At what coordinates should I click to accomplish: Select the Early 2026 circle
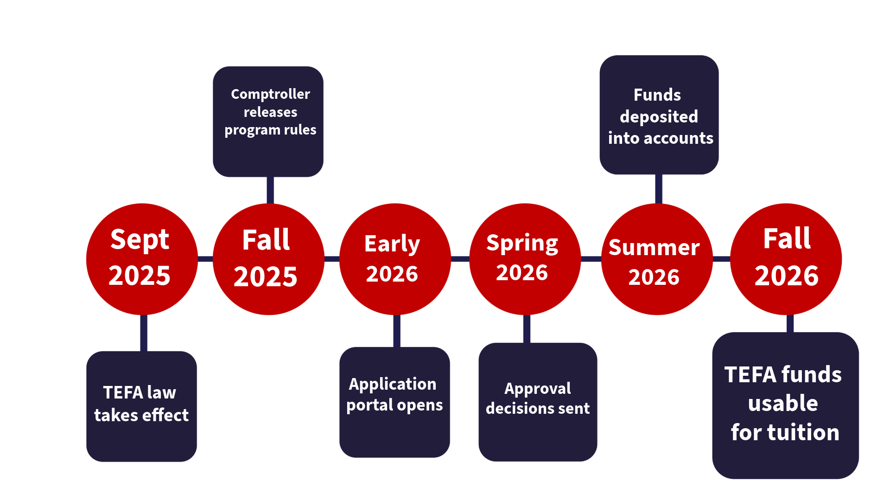click(394, 297)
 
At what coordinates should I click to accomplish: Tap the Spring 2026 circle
click(525, 297)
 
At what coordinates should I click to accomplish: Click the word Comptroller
click(270, 94)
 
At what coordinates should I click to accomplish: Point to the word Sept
click(140, 240)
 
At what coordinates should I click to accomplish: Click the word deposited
click(659, 117)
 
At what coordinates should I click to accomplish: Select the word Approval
click(538, 389)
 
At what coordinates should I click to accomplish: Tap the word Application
click(393, 384)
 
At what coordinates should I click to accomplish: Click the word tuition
click(803, 432)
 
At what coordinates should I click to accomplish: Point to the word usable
click(783, 403)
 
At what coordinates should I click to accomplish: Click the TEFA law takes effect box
click(141, 441)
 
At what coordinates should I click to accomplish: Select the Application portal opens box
click(394, 436)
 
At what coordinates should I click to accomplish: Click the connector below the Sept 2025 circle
click(144, 333)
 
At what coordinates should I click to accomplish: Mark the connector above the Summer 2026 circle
click(658, 189)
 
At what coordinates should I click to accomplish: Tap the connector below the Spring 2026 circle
click(527, 329)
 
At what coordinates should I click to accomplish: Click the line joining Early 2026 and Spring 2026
click(460, 259)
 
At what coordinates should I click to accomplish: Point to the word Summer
click(654, 248)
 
